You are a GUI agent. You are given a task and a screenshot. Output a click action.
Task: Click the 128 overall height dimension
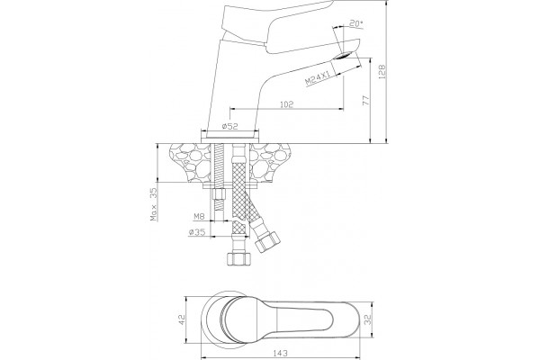382,72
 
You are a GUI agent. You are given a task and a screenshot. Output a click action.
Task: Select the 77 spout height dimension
365,100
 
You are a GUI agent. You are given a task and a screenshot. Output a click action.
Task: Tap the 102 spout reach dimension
286,104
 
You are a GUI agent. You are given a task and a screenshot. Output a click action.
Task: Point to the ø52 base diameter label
229,126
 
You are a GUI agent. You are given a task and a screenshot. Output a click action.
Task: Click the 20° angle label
356,23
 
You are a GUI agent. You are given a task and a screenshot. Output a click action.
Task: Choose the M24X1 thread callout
318,78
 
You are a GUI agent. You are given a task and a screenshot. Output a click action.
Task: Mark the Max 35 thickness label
154,204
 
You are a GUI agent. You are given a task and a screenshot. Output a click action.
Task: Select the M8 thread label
200,216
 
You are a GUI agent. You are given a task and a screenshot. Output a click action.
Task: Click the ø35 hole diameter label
196,232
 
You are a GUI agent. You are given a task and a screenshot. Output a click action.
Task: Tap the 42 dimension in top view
182,319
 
